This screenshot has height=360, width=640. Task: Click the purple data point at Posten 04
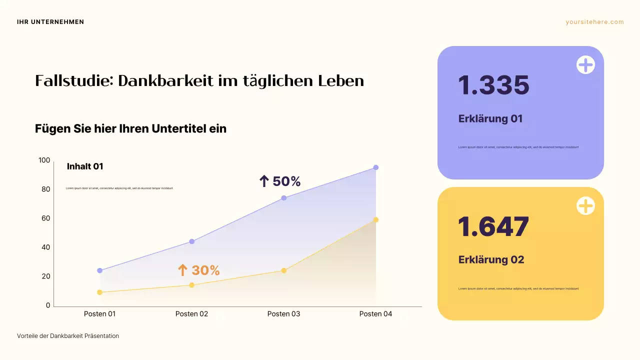click(375, 167)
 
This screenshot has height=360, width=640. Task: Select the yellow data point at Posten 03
click(284, 270)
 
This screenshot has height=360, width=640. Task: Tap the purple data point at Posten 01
click(99, 270)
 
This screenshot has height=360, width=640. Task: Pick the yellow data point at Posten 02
click(191, 285)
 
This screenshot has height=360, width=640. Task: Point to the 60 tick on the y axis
click(45, 218)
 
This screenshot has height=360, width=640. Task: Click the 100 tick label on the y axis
click(44, 160)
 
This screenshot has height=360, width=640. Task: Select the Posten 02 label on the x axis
click(191, 314)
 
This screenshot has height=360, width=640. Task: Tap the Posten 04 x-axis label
click(375, 314)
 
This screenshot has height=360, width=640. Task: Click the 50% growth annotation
click(280, 181)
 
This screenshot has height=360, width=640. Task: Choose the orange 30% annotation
click(199, 270)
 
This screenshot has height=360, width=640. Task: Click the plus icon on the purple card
click(585, 65)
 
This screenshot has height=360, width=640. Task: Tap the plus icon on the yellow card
click(585, 206)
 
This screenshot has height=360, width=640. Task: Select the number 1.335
click(493, 85)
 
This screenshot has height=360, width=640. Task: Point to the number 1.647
click(493, 227)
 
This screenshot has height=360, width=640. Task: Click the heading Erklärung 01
click(490, 119)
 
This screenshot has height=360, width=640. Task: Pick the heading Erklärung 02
click(491, 260)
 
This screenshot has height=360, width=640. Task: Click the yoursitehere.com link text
click(594, 22)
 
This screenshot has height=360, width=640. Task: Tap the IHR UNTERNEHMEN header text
click(50, 22)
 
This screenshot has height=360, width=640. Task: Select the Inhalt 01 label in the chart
click(85, 166)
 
